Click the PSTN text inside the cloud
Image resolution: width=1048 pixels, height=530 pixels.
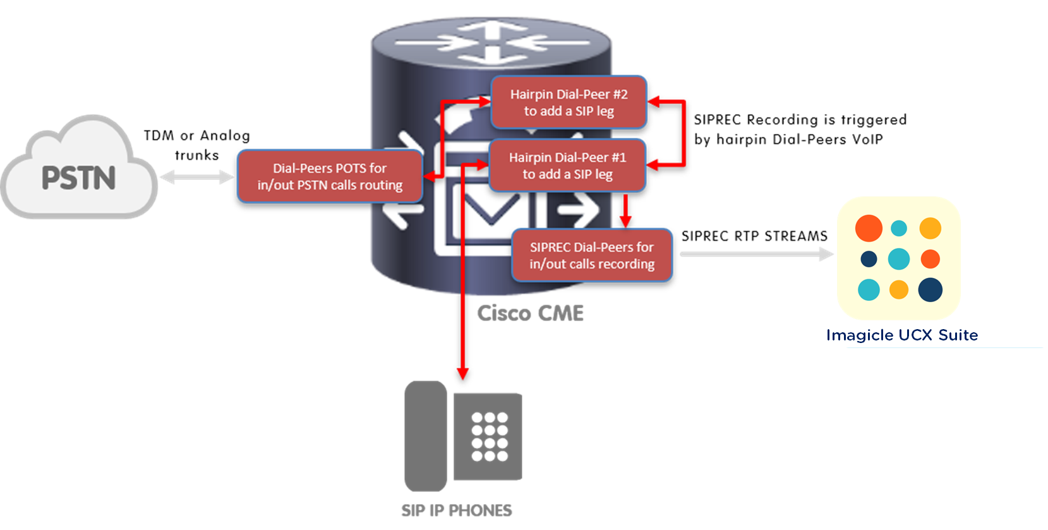tap(79, 178)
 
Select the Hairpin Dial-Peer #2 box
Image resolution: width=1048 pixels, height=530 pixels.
tap(569, 102)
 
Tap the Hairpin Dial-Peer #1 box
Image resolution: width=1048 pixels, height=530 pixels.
tap(567, 166)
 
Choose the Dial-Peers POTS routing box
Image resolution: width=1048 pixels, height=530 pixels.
tap(329, 176)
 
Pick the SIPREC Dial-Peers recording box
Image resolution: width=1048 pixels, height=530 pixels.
tap(592, 255)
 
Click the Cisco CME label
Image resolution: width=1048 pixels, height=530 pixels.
tap(530, 313)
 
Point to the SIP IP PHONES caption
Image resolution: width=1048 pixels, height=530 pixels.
tap(456, 510)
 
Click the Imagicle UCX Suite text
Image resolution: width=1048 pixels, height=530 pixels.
tap(902, 335)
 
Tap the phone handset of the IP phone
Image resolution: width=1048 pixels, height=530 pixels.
tap(425, 436)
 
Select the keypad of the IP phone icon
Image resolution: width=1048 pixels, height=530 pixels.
tap(489, 437)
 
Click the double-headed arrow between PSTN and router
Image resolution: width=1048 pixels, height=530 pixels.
tap(196, 178)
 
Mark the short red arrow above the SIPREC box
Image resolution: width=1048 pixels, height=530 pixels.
tap(625, 211)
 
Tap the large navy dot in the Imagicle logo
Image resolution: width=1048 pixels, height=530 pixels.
tap(930, 290)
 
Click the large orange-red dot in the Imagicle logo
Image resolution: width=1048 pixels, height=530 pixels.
tap(869, 228)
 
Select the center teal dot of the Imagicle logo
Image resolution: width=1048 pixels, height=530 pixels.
tap(899, 259)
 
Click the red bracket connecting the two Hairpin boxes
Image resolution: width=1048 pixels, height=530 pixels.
tap(684, 133)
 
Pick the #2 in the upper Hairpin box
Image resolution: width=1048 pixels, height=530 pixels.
tap(620, 94)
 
